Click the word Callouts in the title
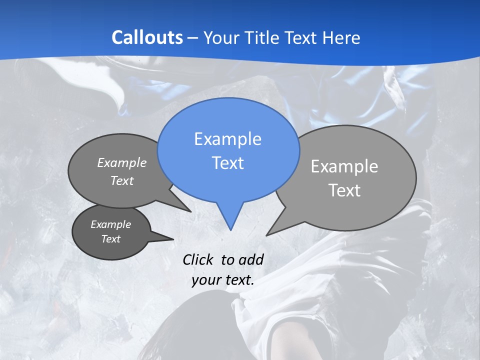147,37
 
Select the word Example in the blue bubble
227,139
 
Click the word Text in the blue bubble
227,163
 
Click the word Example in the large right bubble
344,166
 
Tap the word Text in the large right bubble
344,190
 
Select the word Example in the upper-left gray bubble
122,162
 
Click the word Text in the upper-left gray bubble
122,180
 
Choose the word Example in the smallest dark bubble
110,224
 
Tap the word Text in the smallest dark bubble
110,239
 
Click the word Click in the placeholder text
199,259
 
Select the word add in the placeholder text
251,259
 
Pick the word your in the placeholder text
206,280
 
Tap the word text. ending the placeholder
239,280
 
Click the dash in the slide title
193,38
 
